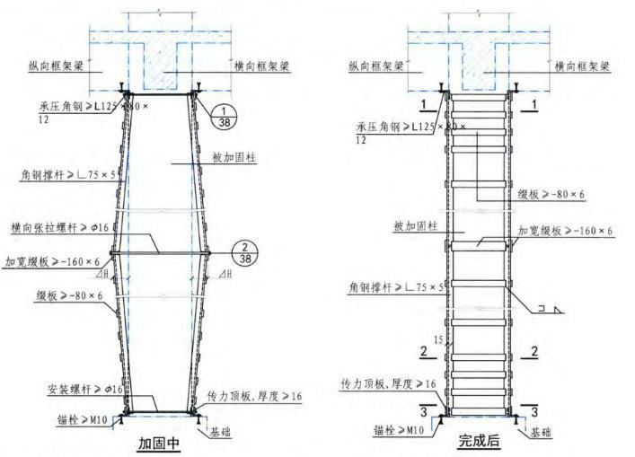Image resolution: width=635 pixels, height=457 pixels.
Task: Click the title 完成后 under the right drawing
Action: [x=479, y=442]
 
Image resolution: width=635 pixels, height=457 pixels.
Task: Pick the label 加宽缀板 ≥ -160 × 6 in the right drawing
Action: [x=566, y=232]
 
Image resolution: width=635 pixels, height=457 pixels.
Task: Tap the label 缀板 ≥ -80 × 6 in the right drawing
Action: [x=550, y=194]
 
